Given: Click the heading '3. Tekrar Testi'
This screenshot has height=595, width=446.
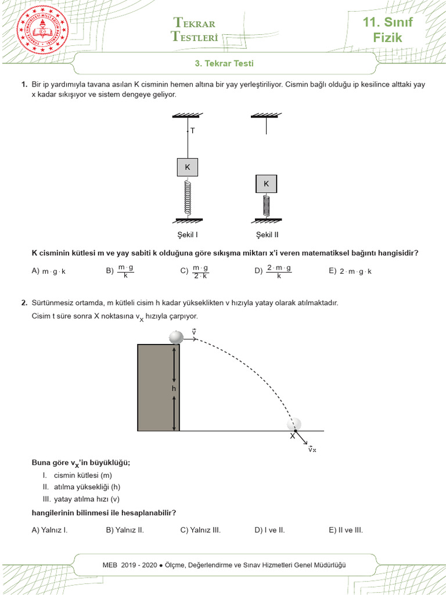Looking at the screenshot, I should [x=223, y=63].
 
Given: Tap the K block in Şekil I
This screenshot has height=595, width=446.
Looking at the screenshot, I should [x=187, y=167].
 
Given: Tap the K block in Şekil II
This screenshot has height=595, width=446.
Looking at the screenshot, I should [x=267, y=184].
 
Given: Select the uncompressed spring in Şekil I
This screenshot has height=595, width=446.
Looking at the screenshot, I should [x=187, y=198].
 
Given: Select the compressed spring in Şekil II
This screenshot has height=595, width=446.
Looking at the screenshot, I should [x=267, y=206].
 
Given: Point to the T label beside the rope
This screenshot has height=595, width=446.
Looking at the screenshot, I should [x=192, y=131].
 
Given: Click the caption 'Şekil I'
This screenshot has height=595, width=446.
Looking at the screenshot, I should [x=187, y=235].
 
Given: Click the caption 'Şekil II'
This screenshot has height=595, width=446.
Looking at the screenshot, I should [x=267, y=235].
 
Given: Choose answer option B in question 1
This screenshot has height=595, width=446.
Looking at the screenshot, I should [x=120, y=271].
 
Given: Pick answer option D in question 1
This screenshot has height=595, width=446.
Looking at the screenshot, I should [x=273, y=271].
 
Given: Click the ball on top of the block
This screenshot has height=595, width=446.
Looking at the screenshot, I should [x=176, y=336].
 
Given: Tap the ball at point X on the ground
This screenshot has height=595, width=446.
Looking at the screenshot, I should [x=296, y=424].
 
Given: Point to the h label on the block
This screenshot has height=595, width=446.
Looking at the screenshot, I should [x=173, y=388].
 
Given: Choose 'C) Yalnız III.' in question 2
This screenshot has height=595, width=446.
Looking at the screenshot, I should [x=200, y=530].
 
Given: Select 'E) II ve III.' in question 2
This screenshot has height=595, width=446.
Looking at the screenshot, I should [x=346, y=530].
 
